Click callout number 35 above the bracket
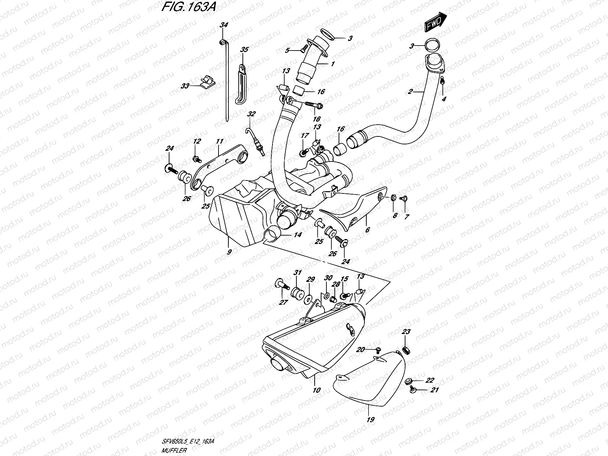click(244, 50)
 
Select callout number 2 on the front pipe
click(410, 92)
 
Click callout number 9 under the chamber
click(229, 251)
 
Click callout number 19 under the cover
click(371, 420)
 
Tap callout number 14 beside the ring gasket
click(297, 235)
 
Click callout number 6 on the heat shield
click(367, 230)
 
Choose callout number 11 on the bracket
click(219, 141)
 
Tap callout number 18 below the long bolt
click(316, 119)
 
